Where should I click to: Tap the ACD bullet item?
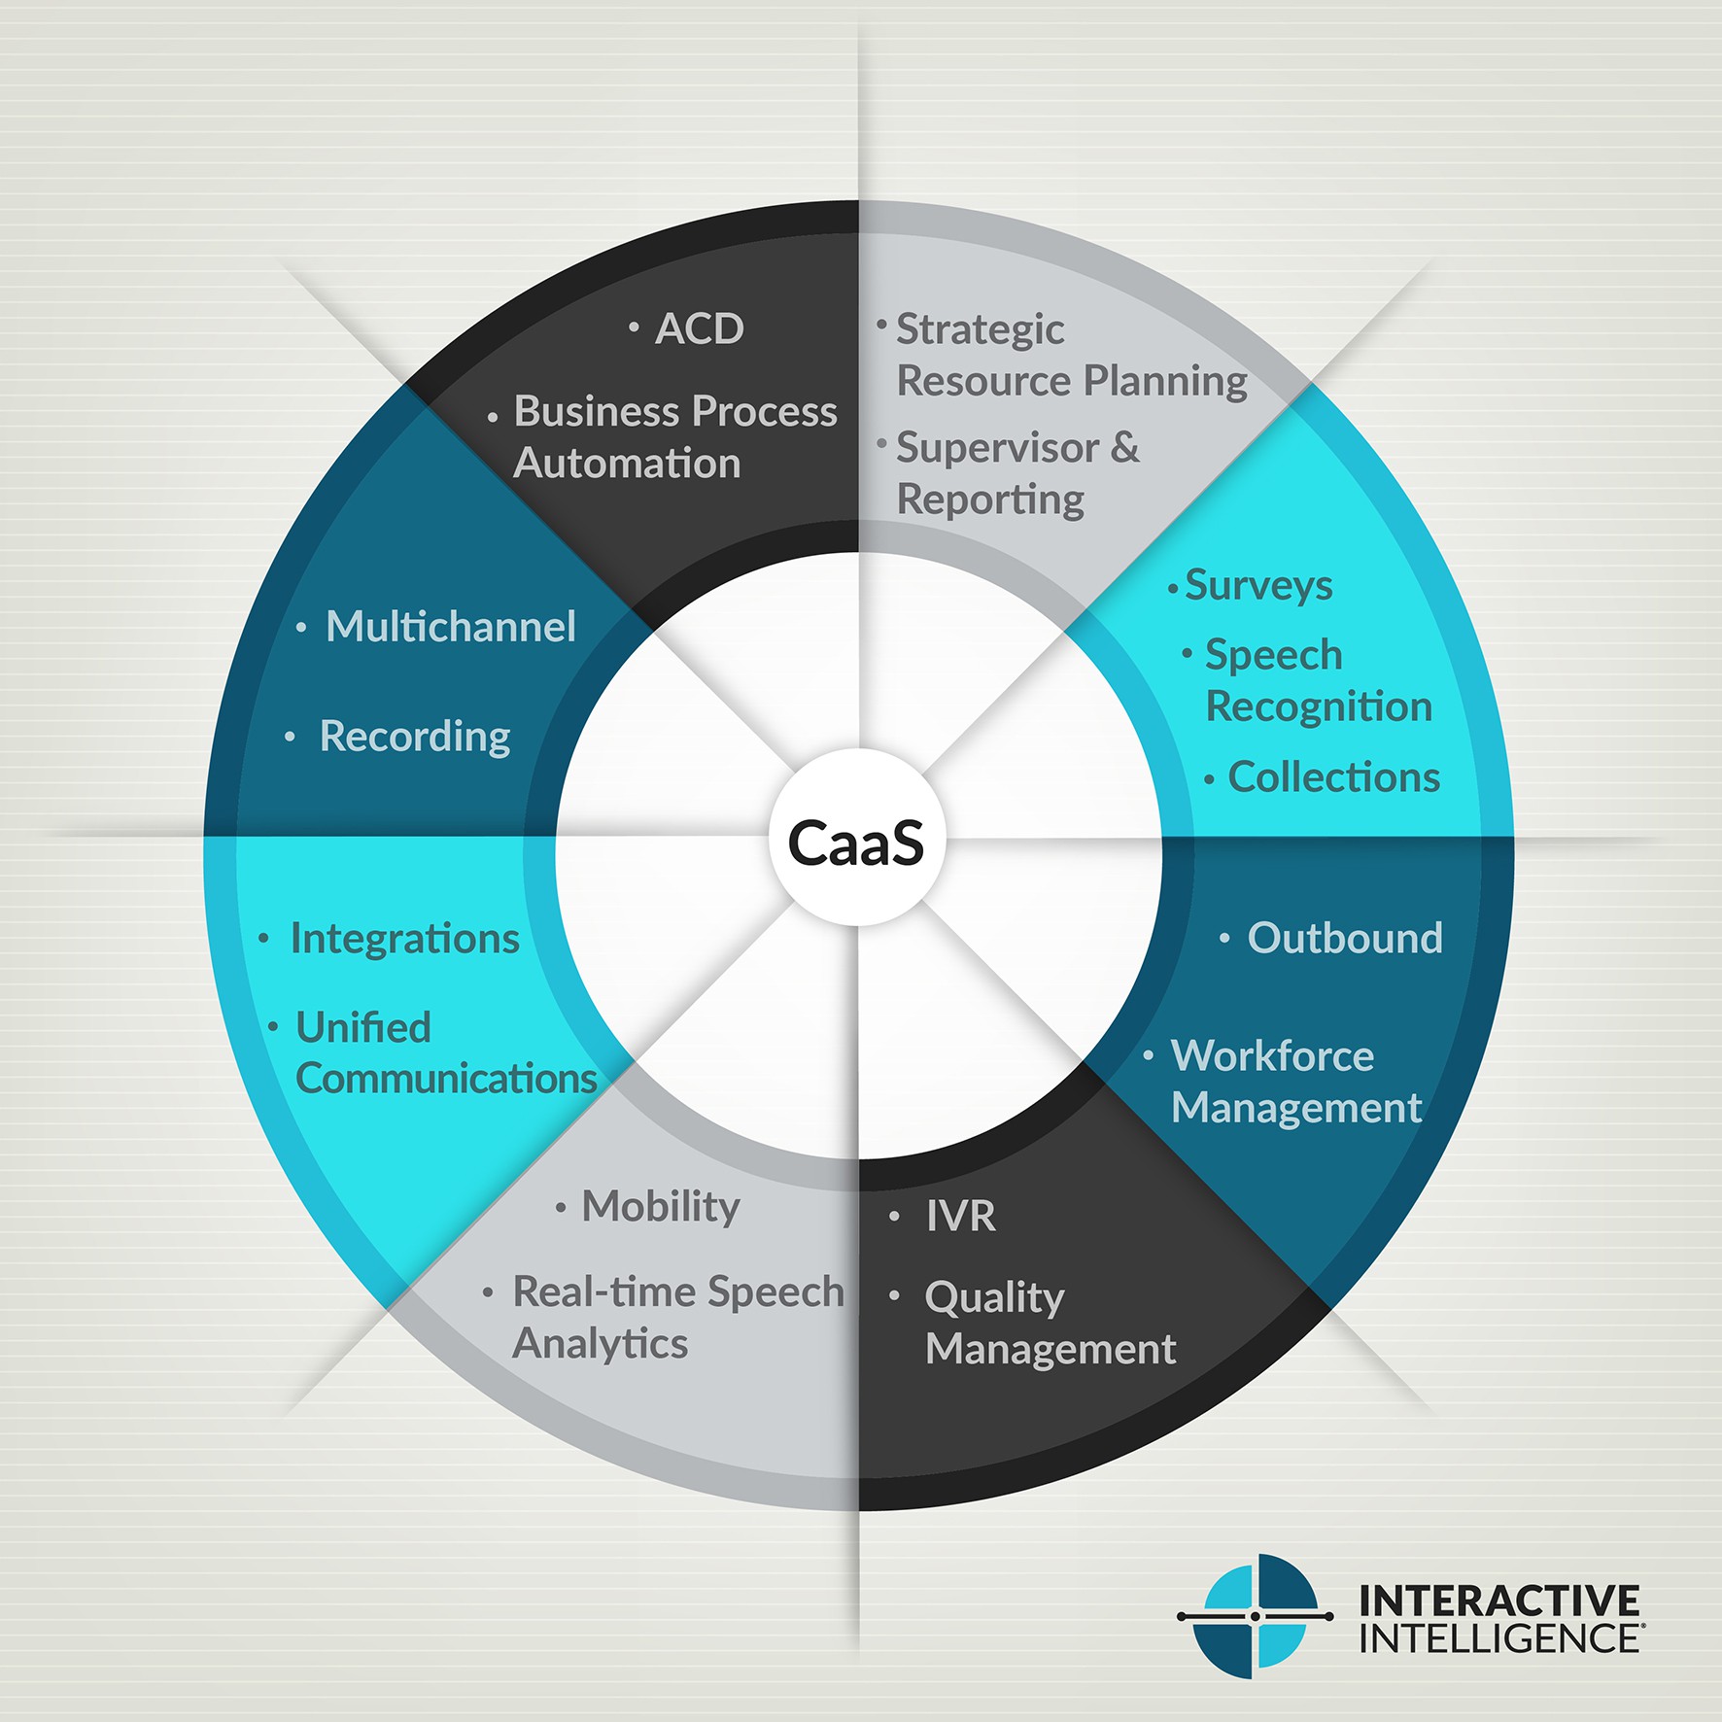click(699, 328)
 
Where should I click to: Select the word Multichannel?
click(451, 627)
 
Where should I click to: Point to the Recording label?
click(415, 737)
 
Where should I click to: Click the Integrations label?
click(405, 939)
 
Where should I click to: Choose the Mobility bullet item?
click(661, 1207)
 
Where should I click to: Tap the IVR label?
click(960, 1216)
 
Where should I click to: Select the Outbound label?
click(1345, 938)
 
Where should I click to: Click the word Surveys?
click(1258, 585)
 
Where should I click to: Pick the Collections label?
click(1333, 777)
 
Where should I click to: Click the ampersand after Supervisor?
click(1124, 447)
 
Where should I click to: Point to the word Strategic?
click(980, 330)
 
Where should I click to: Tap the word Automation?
click(627, 464)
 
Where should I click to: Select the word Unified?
click(362, 1027)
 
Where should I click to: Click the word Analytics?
click(600, 1344)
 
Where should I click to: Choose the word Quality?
click(994, 1298)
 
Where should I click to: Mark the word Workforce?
click(1272, 1056)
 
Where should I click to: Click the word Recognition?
click(1319, 706)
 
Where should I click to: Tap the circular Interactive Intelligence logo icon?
click(1256, 1616)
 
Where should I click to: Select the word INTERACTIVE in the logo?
click(1498, 1601)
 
